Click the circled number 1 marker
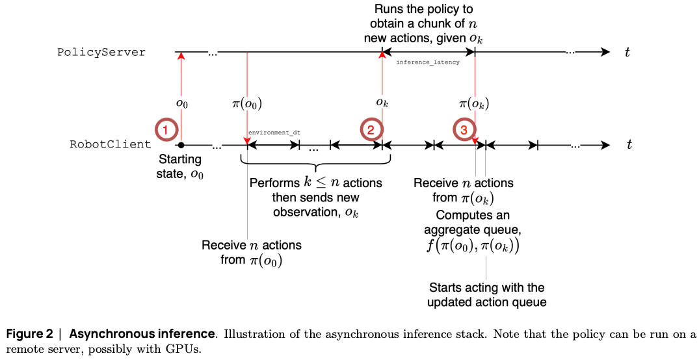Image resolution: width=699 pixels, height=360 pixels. (x=166, y=129)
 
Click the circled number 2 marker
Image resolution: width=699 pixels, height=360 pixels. (x=371, y=129)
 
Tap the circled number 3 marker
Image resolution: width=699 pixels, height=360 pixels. (x=463, y=130)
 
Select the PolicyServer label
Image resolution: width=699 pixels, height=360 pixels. (x=101, y=52)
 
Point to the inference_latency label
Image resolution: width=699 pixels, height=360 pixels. (x=428, y=62)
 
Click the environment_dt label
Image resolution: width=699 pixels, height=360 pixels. (x=274, y=133)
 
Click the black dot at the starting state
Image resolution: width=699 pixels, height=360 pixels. (x=181, y=144)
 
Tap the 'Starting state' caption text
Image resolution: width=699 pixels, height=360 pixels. (x=180, y=160)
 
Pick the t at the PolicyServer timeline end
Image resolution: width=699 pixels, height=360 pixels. (x=627, y=53)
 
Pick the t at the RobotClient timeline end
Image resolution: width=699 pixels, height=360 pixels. (x=629, y=145)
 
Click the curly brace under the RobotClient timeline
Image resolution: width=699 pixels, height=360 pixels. (x=316, y=162)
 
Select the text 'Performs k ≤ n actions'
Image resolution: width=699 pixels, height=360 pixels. (x=315, y=183)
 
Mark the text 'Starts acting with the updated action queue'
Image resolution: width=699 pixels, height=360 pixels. (x=486, y=294)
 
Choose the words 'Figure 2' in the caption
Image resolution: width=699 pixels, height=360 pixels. (x=29, y=334)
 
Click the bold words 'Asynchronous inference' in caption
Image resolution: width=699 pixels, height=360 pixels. (x=142, y=334)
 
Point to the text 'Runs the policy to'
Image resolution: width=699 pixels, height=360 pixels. (x=423, y=10)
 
